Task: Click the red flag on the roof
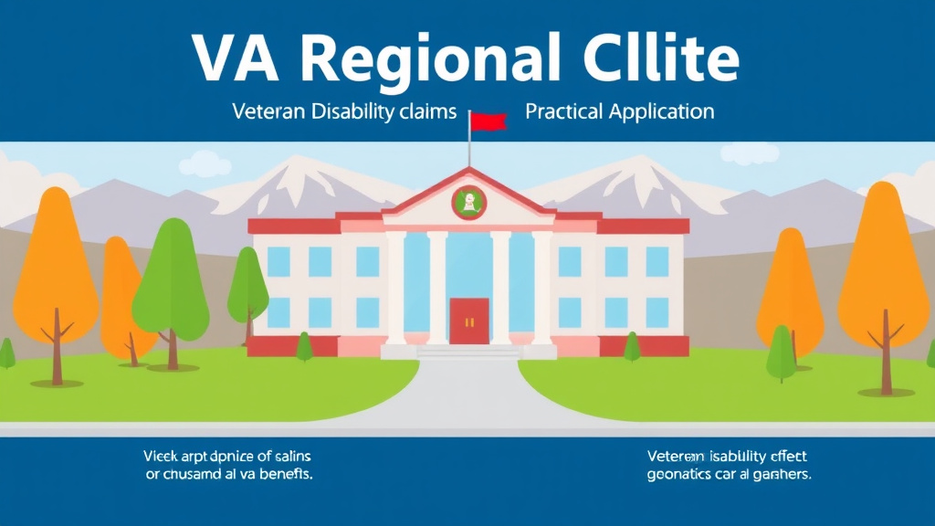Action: pos(489,121)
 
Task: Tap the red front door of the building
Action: pos(468,321)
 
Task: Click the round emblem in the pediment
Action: pos(469,202)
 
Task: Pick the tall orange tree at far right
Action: pos(883,265)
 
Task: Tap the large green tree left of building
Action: pos(172,274)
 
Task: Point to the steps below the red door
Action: pos(468,352)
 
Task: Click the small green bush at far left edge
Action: pos(5,352)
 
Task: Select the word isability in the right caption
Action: pos(739,456)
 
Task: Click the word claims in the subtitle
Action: pos(425,112)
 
